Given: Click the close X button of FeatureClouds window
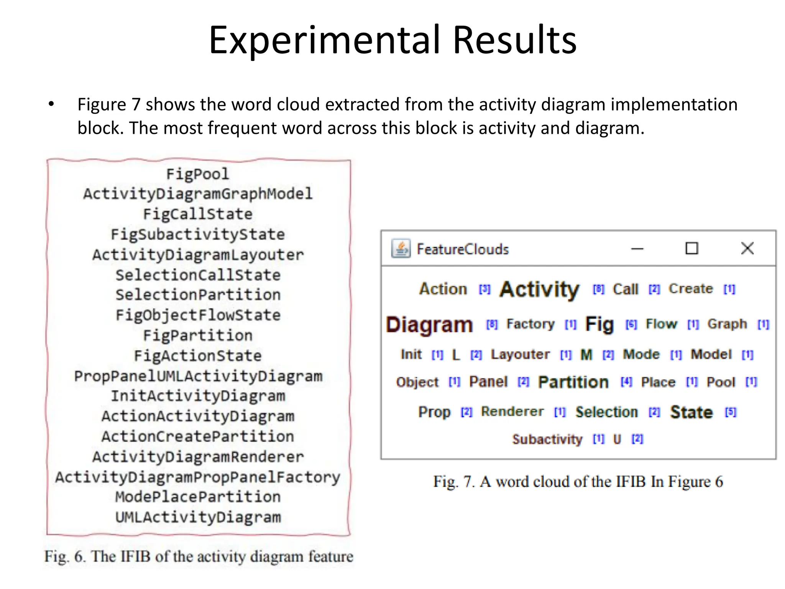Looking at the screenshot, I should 747,248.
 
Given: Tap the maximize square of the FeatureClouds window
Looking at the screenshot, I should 691,248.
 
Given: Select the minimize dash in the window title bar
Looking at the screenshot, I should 637,249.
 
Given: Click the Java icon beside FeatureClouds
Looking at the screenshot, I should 401,248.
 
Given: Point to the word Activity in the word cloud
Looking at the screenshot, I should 539,289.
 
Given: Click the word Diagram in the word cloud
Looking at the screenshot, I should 429,325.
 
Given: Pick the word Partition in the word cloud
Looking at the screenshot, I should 573,382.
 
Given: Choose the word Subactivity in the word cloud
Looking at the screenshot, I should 547,439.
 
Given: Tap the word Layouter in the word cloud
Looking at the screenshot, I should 520,354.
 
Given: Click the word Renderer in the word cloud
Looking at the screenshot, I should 512,411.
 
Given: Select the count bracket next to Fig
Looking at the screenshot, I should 631,325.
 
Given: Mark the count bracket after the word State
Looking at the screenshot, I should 731,412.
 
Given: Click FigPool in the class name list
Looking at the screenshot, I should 197,174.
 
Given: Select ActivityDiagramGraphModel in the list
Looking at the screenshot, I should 198,194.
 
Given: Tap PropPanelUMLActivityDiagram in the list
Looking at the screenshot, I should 198,376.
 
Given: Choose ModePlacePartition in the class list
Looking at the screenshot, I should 198,497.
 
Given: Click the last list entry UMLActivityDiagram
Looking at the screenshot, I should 198,517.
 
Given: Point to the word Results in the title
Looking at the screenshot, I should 514,40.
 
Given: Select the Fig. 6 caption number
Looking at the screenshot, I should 79,556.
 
